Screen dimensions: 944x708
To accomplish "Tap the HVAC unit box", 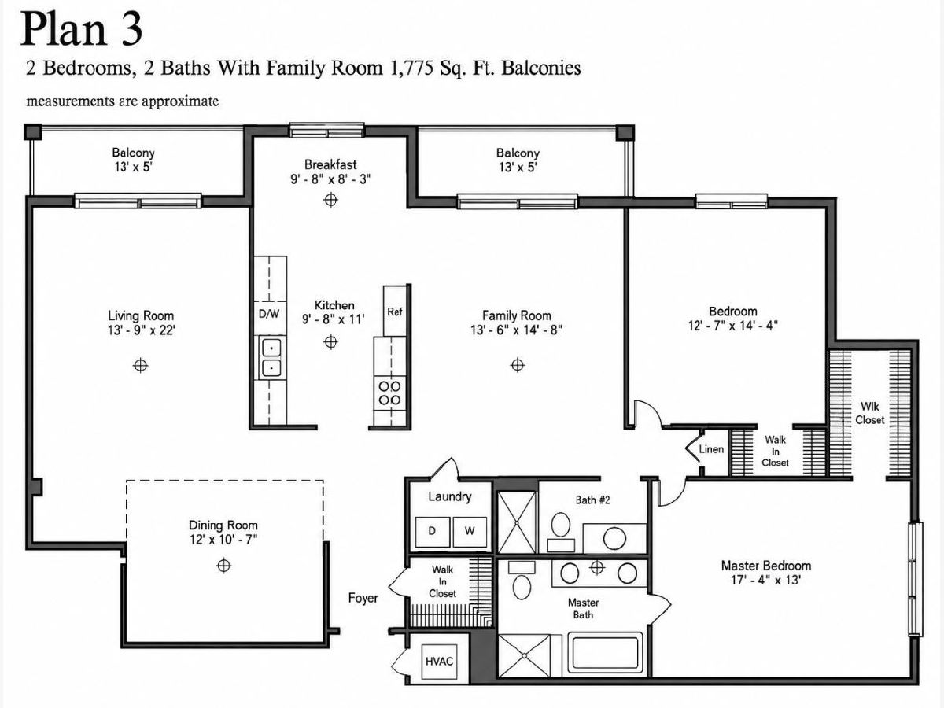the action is pyautogui.click(x=439, y=661).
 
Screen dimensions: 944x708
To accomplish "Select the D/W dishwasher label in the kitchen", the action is pyautogui.click(x=269, y=314).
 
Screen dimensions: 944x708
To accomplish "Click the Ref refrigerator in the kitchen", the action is pyautogui.click(x=395, y=312).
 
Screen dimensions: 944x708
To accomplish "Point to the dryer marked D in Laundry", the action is pyautogui.click(x=432, y=531).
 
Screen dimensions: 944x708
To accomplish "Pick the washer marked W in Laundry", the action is pyautogui.click(x=470, y=531).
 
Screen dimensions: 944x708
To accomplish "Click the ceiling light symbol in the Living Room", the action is pyautogui.click(x=141, y=365).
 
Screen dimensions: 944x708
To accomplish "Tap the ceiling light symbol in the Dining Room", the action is pyautogui.click(x=223, y=566).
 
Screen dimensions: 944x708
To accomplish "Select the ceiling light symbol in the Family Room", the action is pyautogui.click(x=518, y=365).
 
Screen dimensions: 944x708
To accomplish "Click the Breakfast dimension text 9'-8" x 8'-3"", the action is pyautogui.click(x=330, y=179).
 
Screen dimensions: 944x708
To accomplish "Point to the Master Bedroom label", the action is pyautogui.click(x=766, y=566).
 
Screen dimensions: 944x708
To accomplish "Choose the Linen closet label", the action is pyautogui.click(x=711, y=449).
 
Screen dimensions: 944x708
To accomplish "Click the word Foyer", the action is pyautogui.click(x=363, y=598).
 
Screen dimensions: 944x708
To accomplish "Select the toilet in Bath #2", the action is pyautogui.click(x=561, y=531).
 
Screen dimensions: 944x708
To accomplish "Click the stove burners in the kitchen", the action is pyautogui.click(x=389, y=393).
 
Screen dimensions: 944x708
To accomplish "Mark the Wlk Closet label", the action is pyautogui.click(x=869, y=413).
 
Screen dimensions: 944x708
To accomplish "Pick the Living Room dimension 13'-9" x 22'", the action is pyautogui.click(x=141, y=330).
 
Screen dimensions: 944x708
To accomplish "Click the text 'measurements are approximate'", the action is pyautogui.click(x=123, y=101).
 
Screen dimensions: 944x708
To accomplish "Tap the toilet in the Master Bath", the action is pyautogui.click(x=522, y=581).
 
